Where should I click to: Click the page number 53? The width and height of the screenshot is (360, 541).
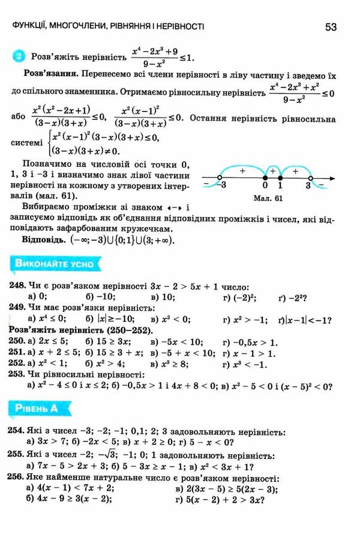tap(331, 26)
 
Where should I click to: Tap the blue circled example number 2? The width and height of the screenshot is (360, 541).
tap(19, 58)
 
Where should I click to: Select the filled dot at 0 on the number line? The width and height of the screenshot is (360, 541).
tap(265, 178)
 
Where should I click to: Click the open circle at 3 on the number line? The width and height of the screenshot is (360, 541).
tap(310, 178)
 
